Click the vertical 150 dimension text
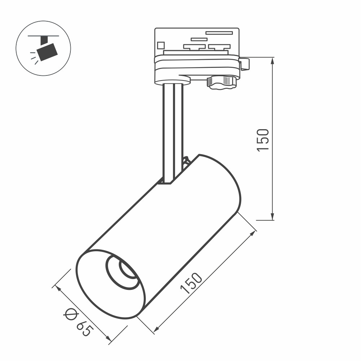pos(263,140)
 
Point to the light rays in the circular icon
pos(34,58)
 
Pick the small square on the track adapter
pos(161,45)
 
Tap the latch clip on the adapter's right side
pos(245,64)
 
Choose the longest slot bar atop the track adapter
pos(219,32)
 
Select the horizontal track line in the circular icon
pos(44,36)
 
